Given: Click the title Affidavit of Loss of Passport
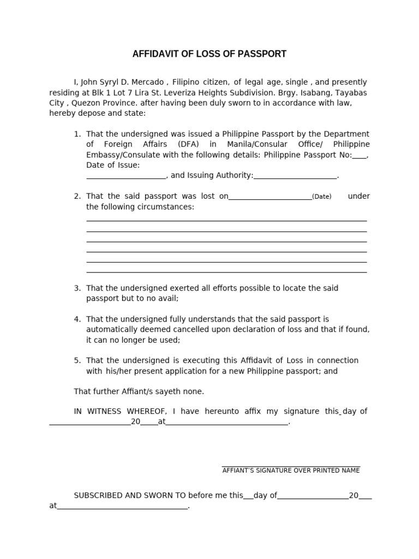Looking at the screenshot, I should tap(209, 54).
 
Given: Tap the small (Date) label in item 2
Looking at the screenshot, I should tap(321, 197).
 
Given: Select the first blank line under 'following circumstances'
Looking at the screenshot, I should tap(226, 221).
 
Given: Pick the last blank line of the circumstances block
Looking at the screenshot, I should tap(226, 272).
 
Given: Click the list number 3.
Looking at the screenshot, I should tap(77, 288).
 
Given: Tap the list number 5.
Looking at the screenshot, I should tap(77, 361).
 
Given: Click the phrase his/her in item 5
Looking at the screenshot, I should tap(117, 371).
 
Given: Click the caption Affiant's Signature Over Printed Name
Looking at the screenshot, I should tap(291, 471).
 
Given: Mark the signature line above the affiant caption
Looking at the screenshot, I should tap(291, 466).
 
